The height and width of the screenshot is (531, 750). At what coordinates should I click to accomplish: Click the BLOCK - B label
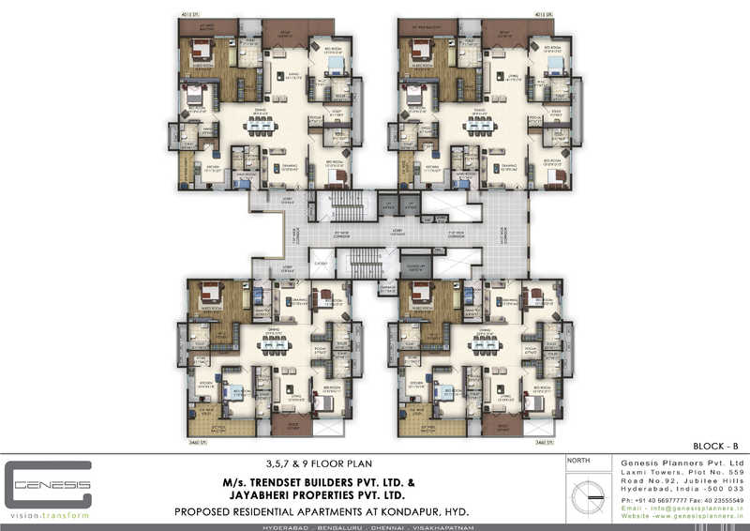[721, 448]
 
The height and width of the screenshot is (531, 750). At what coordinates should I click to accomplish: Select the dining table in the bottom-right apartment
[486, 345]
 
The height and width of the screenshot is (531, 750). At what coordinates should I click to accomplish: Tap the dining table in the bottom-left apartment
[274, 345]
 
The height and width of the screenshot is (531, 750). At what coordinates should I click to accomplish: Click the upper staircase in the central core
[346, 204]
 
